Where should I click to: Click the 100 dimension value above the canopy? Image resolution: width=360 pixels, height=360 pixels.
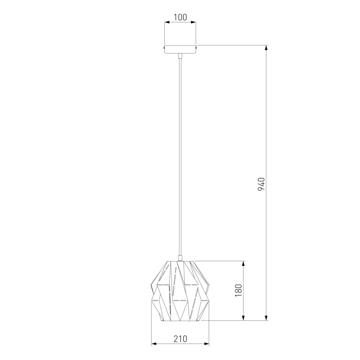tap(180, 17)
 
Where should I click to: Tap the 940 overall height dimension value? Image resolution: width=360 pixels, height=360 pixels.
tap(261, 184)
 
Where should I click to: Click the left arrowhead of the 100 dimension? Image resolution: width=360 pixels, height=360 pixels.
tap(167, 22)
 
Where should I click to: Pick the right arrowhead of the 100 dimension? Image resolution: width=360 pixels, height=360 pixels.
tap(193, 22)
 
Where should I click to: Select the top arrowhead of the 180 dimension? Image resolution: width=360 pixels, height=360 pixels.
tap(243, 263)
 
